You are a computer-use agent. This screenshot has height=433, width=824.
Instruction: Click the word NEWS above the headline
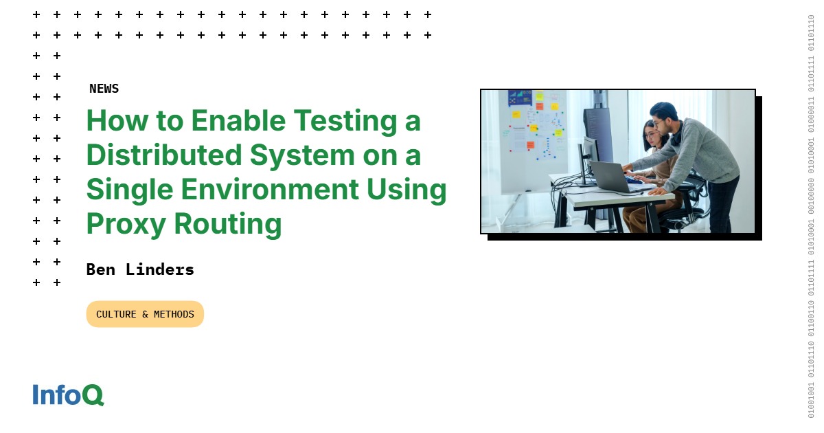coord(104,89)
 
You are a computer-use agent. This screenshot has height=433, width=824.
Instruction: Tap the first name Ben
coord(100,269)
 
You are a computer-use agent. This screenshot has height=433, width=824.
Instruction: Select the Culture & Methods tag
coord(145,314)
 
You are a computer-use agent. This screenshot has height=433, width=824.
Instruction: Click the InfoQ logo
coord(68,395)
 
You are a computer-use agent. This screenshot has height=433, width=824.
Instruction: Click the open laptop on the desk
coord(610,176)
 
